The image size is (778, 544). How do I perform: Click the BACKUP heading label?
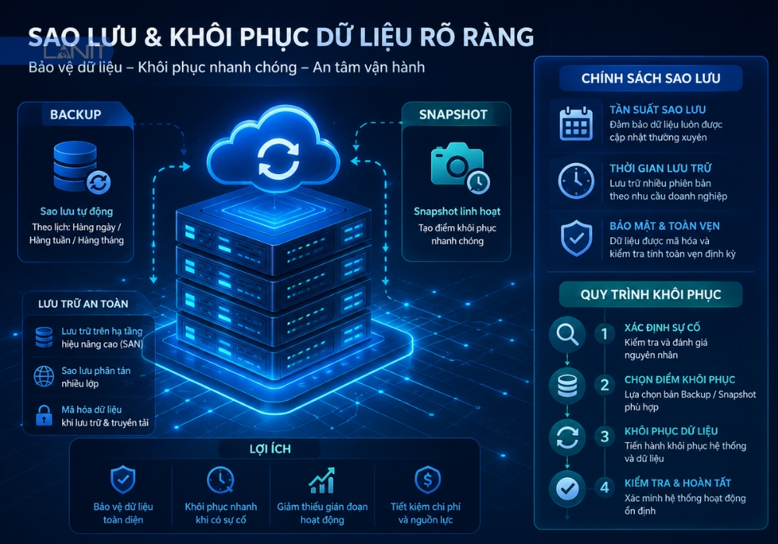coord(75,114)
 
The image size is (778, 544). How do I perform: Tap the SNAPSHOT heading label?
coord(453,114)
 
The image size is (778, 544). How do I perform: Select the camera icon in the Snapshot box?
coord(460,167)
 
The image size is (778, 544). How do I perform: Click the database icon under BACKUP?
coord(82,167)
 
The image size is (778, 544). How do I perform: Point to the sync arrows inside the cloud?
coord(279,159)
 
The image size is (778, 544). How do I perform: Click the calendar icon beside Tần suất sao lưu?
coord(576,124)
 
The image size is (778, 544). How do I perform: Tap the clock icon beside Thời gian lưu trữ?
coord(576,181)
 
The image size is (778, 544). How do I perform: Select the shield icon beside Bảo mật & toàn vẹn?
coord(576,239)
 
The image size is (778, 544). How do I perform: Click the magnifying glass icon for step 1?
coord(567,334)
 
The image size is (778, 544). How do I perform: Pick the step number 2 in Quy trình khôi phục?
coord(605,385)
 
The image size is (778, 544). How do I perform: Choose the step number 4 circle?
coord(605,487)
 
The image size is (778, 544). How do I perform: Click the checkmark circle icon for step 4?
coord(567,489)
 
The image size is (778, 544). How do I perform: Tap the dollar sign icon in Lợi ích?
coord(427,479)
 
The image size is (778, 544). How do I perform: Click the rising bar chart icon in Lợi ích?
coord(322,480)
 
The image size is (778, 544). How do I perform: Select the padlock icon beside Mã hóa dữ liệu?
coord(44,415)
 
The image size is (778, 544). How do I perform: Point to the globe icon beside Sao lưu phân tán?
coord(44,376)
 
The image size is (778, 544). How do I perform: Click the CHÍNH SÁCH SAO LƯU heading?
coord(650,78)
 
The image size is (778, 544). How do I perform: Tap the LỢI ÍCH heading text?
coord(270,449)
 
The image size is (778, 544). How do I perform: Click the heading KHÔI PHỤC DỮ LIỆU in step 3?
coord(671,431)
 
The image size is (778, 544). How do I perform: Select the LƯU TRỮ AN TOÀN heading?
coord(83,304)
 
